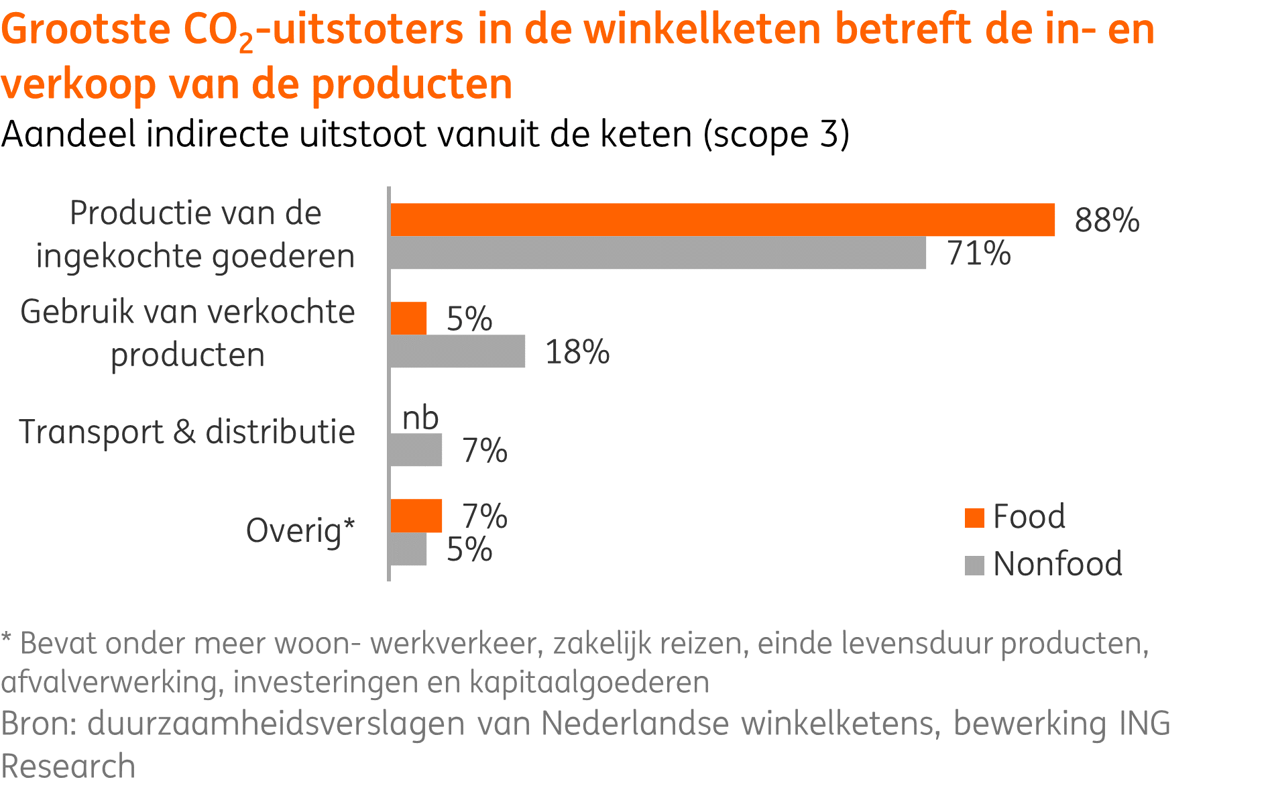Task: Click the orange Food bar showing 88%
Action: [x=722, y=220]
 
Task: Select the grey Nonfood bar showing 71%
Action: [x=657, y=253]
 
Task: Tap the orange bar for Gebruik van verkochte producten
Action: [x=408, y=318]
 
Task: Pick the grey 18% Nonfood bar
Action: [x=457, y=351]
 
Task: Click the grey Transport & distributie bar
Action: [x=416, y=450]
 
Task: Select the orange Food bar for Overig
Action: [x=416, y=516]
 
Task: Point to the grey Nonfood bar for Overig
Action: [x=408, y=549]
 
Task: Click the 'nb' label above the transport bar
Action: [x=420, y=418]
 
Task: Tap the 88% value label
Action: [x=1106, y=220]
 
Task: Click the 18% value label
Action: [x=577, y=352]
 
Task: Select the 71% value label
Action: [x=978, y=253]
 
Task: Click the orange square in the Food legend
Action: [x=974, y=518]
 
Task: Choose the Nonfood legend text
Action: [x=1057, y=564]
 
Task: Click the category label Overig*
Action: [x=300, y=531]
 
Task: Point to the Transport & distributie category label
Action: [x=187, y=432]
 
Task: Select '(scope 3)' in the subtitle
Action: [x=776, y=135]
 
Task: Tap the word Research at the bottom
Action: [x=68, y=766]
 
